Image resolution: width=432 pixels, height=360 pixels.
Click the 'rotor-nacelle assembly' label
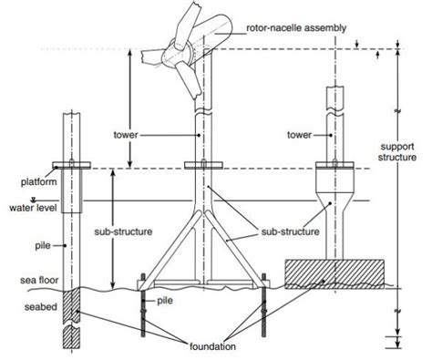click(x=297, y=29)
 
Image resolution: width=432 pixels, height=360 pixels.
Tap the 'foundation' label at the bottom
click(x=214, y=348)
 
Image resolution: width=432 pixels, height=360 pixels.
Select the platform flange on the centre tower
click(x=201, y=167)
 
